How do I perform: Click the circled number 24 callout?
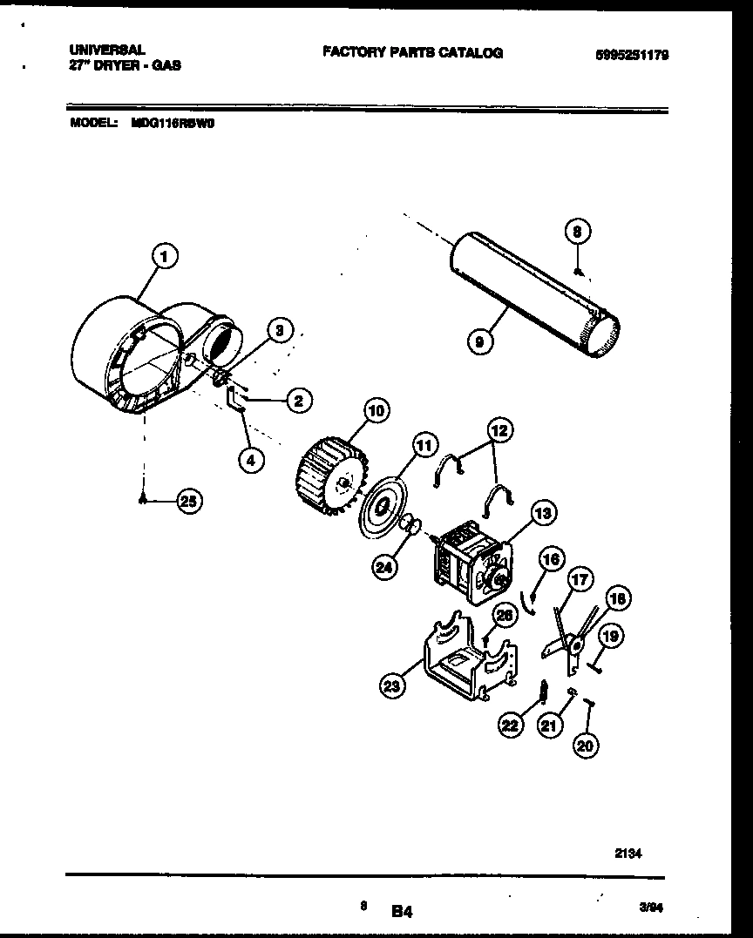tap(383, 567)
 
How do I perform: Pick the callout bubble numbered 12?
tap(499, 429)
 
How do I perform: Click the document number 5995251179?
tap(632, 54)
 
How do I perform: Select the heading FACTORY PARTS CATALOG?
tap(412, 52)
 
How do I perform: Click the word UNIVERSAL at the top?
tap(107, 51)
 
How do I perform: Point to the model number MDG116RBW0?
tap(173, 123)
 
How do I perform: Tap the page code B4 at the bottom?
tap(401, 912)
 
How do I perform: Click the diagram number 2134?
tap(628, 854)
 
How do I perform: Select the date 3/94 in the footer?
tap(650, 908)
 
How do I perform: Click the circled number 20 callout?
tap(587, 745)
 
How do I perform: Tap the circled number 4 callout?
tap(251, 462)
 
